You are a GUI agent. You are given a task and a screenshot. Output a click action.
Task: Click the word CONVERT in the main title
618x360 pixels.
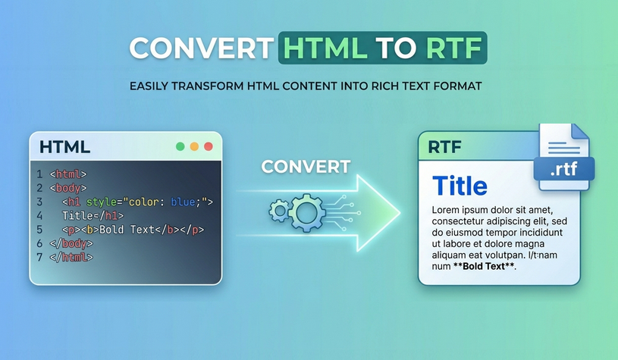coord(200,48)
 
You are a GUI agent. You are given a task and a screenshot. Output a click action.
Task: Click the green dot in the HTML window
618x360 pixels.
coord(180,146)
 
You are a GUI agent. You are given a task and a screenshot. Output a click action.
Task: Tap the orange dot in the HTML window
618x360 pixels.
coord(194,146)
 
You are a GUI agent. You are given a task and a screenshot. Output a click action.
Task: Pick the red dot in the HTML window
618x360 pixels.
coord(208,146)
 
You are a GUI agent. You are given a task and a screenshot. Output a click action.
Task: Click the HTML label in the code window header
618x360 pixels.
coord(64,147)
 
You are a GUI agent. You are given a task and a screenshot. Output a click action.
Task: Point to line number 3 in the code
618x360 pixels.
coord(39,202)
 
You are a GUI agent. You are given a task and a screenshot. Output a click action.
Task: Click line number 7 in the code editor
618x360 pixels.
coord(39,257)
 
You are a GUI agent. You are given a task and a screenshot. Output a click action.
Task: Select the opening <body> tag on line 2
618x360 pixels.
coord(68,188)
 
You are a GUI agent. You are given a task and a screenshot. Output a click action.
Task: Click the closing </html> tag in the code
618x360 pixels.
coord(71,257)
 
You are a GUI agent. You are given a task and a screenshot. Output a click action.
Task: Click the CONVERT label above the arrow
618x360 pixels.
coord(306,167)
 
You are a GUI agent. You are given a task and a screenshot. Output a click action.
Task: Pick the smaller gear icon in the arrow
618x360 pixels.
coord(279,210)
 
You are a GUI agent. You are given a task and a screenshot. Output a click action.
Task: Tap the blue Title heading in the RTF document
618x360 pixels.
coord(460,186)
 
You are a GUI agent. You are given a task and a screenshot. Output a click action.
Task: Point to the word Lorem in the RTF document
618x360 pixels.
coord(447,210)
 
